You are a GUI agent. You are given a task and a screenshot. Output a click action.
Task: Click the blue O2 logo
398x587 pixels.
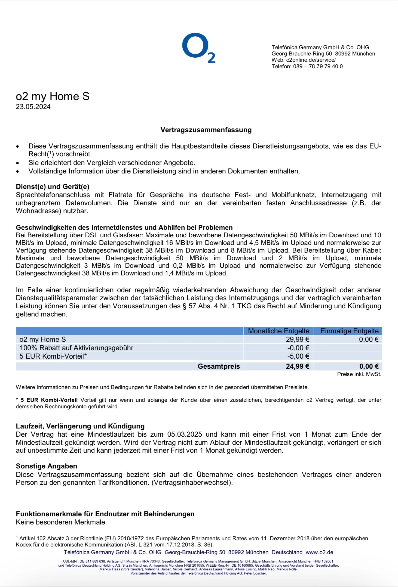(x=198, y=48)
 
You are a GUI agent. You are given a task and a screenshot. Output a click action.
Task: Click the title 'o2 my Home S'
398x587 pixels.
(x=53, y=97)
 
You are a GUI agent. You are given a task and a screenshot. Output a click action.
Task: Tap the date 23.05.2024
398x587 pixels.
(x=33, y=107)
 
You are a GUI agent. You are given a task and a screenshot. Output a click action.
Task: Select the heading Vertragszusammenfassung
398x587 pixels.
(x=206, y=130)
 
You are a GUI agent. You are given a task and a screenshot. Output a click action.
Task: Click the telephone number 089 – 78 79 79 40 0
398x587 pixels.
(x=318, y=67)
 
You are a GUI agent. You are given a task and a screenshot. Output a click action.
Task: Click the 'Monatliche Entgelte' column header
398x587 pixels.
(x=278, y=331)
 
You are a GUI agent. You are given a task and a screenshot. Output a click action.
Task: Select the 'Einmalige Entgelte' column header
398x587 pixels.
(x=349, y=331)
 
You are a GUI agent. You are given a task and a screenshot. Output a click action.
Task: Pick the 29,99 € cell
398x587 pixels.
(x=297, y=339)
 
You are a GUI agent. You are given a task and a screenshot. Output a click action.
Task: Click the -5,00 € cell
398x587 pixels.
(x=298, y=356)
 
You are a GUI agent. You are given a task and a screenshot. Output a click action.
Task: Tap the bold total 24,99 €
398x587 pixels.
(x=297, y=366)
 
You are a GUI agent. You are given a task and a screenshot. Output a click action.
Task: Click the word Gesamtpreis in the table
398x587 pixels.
(x=219, y=366)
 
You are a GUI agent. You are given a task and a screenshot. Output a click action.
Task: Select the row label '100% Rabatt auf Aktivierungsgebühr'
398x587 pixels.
(x=76, y=348)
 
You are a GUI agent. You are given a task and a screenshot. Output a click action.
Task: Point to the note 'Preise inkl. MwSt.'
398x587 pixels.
(x=359, y=374)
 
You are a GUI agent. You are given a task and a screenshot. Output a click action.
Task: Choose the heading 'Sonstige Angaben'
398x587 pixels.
(x=47, y=466)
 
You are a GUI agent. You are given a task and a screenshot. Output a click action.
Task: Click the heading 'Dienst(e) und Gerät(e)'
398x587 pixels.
(x=53, y=187)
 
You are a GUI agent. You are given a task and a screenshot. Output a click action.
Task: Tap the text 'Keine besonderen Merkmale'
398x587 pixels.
(x=60, y=522)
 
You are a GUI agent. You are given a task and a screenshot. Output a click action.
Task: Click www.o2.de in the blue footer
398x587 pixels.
(x=319, y=552)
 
